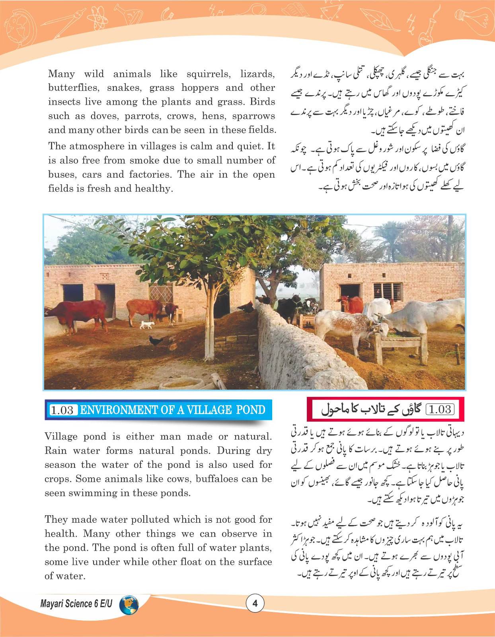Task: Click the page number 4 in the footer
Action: click(255, 603)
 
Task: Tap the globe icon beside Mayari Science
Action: click(129, 605)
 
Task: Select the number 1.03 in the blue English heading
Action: click(62, 410)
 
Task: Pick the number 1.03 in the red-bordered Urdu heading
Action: click(440, 409)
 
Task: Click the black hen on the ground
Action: click(156, 341)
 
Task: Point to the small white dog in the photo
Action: click(147, 325)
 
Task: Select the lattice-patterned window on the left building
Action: click(161, 294)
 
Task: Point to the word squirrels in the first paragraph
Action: click(208, 74)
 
